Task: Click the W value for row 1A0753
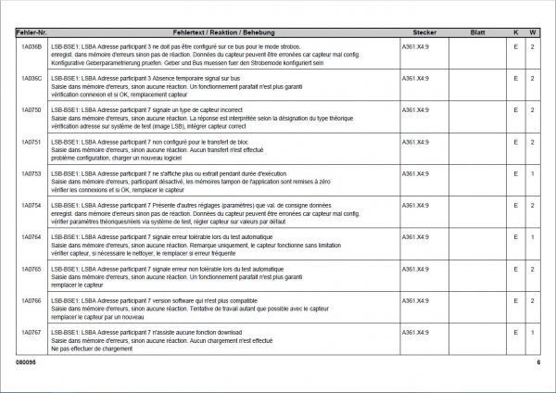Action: [532, 173]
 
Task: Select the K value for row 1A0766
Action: [515, 301]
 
